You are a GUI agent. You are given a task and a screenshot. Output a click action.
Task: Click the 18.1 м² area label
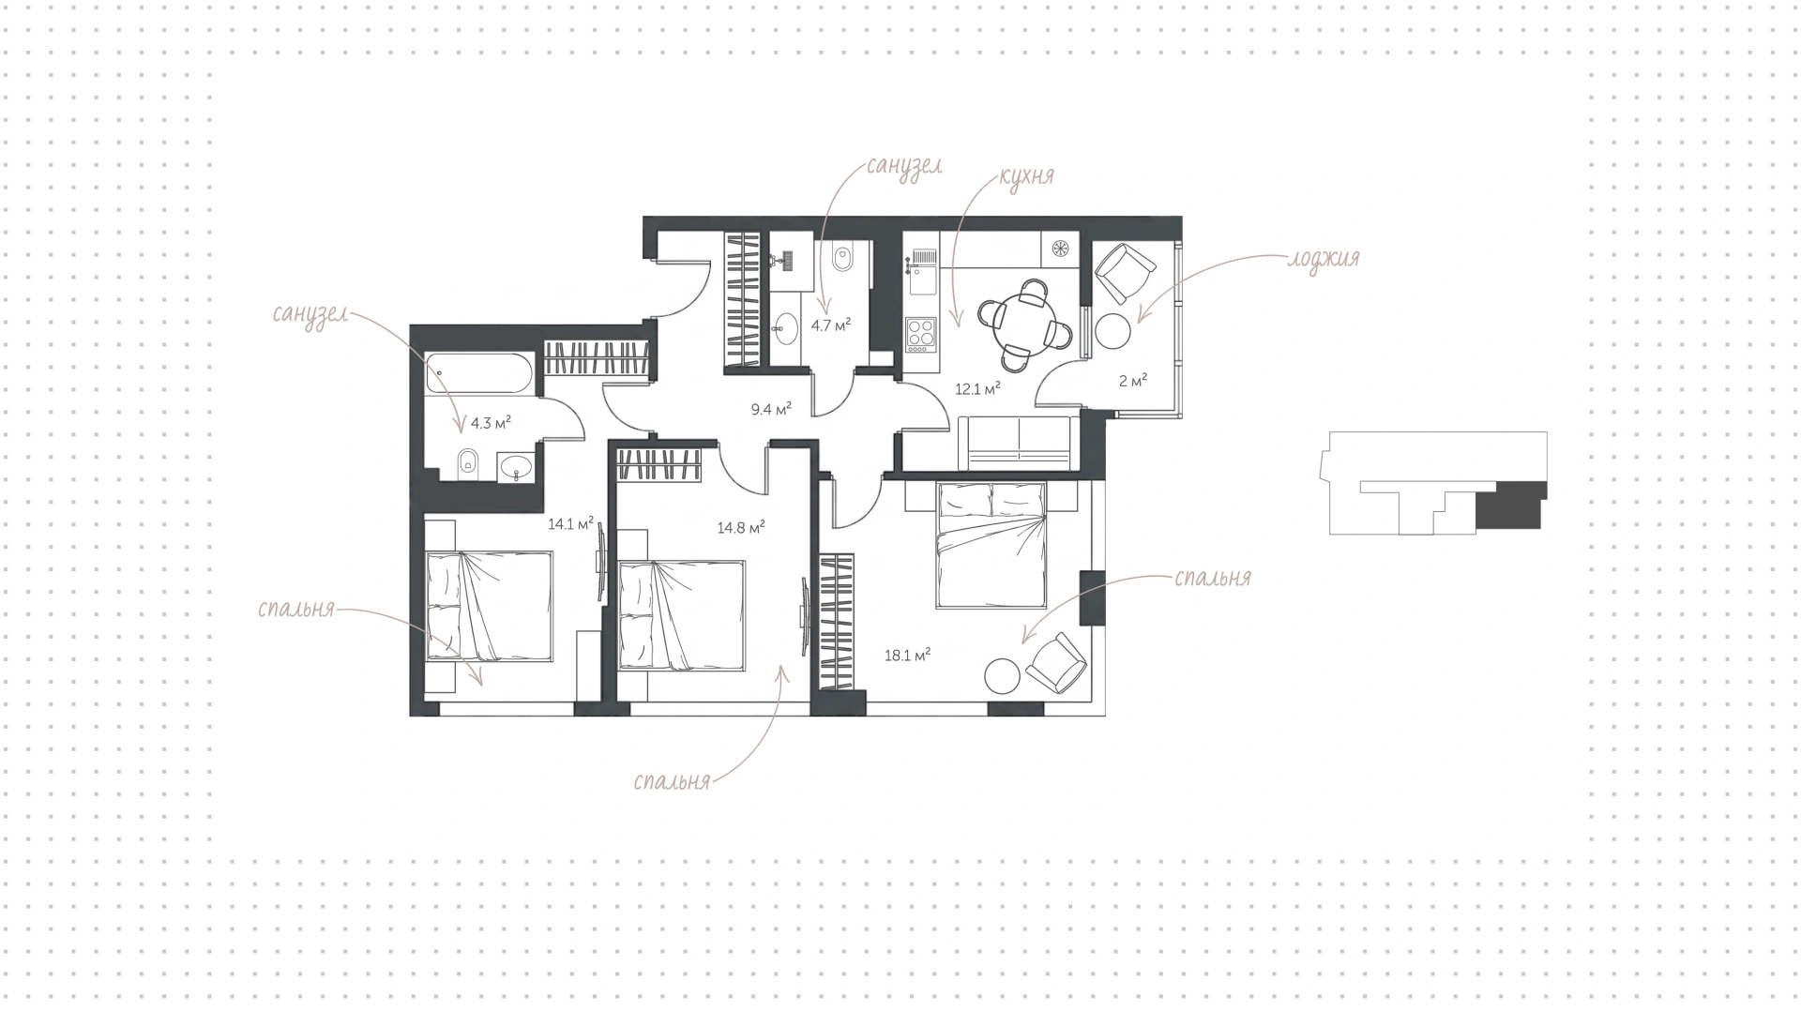click(x=907, y=656)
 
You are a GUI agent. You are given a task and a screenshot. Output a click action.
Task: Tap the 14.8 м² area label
click(x=741, y=527)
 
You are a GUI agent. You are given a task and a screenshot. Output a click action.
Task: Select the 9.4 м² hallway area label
click(x=771, y=408)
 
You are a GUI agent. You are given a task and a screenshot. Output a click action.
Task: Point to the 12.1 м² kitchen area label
click(x=977, y=388)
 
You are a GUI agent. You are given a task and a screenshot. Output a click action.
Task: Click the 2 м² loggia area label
click(x=1132, y=381)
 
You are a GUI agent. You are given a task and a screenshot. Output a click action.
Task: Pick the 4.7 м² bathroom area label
click(x=831, y=325)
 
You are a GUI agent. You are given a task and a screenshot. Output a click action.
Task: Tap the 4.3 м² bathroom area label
click(x=491, y=422)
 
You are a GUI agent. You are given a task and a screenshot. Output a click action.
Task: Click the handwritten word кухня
click(x=1026, y=176)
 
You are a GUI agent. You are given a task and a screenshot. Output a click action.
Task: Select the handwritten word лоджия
click(x=1323, y=259)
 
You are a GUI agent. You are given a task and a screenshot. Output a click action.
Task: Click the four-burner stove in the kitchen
click(x=921, y=334)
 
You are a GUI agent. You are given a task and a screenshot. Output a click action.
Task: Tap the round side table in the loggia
click(x=1116, y=330)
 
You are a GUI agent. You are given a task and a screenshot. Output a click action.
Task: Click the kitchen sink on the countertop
click(x=922, y=258)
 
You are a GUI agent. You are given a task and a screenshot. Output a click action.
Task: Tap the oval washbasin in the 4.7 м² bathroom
click(x=785, y=326)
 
